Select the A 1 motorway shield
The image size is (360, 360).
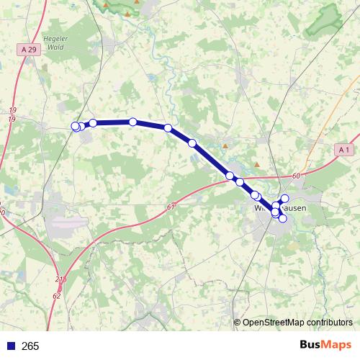(x=343, y=149)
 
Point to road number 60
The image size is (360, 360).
(x=296, y=176)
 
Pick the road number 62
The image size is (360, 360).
(x=57, y=295)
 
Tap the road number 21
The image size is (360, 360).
(x=59, y=279)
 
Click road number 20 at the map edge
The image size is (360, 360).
(x=2, y=213)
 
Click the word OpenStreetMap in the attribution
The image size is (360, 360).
(x=273, y=323)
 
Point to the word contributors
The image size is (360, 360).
(x=329, y=323)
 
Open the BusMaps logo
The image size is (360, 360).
(x=325, y=345)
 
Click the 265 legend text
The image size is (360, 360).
(x=30, y=346)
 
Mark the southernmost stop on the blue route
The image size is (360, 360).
(x=282, y=218)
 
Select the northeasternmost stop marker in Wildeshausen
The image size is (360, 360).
(x=284, y=198)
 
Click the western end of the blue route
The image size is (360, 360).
(x=75, y=126)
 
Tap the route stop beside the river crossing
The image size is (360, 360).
(x=168, y=127)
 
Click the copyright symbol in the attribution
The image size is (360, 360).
(x=237, y=323)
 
